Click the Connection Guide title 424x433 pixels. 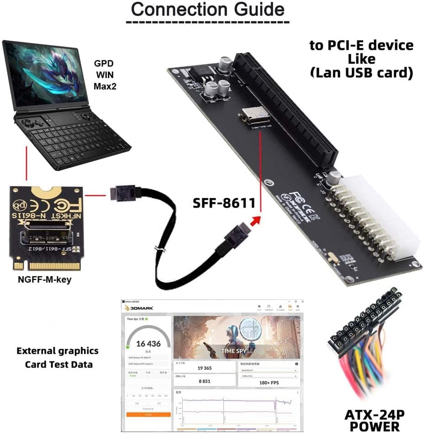[207, 10]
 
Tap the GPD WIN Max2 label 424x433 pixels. [105, 75]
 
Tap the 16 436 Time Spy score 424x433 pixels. [148, 343]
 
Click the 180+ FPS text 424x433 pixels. [269, 382]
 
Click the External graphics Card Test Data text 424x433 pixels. [58, 358]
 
